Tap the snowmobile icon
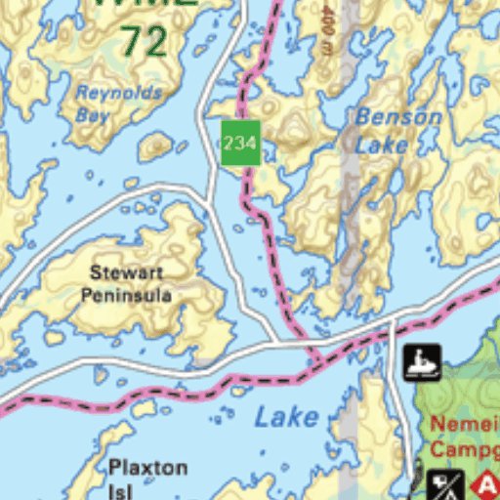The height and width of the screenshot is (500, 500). coord(422,362)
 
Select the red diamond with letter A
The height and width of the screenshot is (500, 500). coord(486,484)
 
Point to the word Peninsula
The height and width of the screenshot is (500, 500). coord(126,294)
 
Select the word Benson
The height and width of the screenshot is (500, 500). coord(398,117)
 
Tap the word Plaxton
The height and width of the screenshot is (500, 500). coord(147,467)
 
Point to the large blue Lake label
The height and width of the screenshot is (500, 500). coord(286,417)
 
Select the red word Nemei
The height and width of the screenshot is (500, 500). coord(465,425)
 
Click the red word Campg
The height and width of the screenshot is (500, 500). coord(465,449)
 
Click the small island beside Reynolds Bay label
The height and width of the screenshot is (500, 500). coord(155,146)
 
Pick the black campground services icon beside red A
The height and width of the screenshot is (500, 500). coord(445,484)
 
